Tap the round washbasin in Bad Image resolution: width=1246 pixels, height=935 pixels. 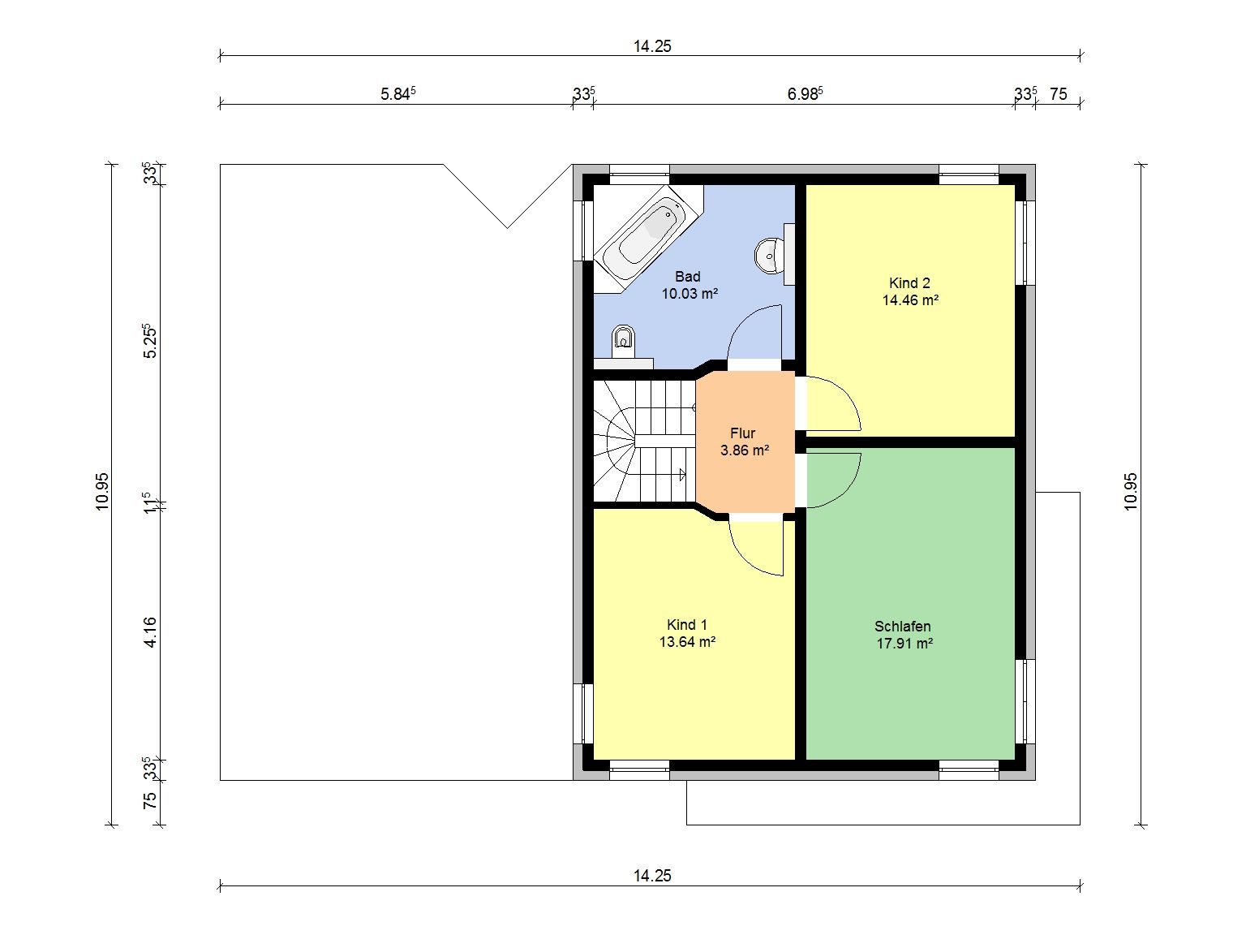tap(769, 256)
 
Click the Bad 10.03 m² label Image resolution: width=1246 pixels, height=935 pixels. tap(690, 285)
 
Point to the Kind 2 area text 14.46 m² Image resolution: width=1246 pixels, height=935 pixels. tap(910, 300)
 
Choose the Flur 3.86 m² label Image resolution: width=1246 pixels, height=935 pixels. tap(744, 442)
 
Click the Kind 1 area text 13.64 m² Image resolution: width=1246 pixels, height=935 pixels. tap(687, 642)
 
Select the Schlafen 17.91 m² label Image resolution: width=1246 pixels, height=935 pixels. tap(904, 635)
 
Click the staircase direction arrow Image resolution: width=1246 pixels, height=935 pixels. tap(682, 474)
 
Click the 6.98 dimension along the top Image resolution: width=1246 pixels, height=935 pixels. tap(805, 93)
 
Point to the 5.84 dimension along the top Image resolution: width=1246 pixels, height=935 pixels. tap(398, 93)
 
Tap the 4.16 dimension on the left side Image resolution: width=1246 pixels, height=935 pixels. tap(150, 631)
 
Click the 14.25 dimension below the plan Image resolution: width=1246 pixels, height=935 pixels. tap(652, 876)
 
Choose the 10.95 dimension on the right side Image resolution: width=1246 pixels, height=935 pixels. tap(1130, 492)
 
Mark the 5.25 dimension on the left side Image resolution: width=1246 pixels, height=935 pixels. tap(149, 341)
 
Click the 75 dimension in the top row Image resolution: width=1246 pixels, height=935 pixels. tap(1058, 94)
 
